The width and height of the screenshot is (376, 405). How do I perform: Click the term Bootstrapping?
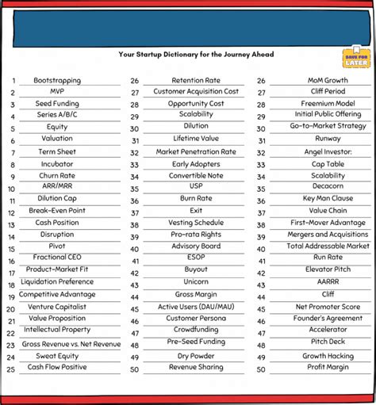[x=57, y=80]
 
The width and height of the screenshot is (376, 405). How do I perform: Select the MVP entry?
[x=57, y=92]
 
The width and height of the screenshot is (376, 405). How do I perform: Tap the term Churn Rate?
[x=57, y=175]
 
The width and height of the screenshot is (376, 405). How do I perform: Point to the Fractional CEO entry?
[x=57, y=258]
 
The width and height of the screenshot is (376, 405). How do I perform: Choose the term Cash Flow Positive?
[x=57, y=368]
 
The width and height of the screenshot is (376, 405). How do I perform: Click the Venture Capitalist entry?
[x=57, y=307]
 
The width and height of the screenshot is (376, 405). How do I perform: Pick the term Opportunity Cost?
[x=196, y=104]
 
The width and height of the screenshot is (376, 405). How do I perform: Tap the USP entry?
[x=196, y=187]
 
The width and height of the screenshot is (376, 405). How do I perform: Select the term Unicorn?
[x=196, y=282]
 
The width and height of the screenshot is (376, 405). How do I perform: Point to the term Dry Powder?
[x=196, y=356]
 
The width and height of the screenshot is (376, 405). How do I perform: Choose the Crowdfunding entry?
[x=196, y=330]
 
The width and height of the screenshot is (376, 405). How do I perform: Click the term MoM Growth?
[x=328, y=80]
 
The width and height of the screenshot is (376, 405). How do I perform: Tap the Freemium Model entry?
[x=328, y=103]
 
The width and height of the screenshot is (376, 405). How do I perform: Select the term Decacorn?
[x=328, y=187]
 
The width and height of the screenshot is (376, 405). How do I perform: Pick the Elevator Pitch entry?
[x=328, y=269]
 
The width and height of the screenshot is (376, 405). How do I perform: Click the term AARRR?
[x=328, y=281]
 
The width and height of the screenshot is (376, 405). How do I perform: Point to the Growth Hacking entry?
[x=328, y=356]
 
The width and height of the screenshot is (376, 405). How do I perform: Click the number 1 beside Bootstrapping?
[x=13, y=81]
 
